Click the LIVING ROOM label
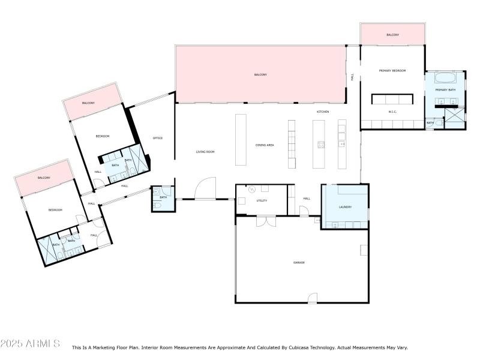(x=205, y=152)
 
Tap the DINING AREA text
(x=265, y=145)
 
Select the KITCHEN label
(x=323, y=112)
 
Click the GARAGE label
(x=299, y=262)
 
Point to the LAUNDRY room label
(x=345, y=207)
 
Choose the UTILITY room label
(x=262, y=200)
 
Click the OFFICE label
(x=158, y=138)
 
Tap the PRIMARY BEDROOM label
(x=392, y=71)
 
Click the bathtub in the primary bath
(x=445, y=77)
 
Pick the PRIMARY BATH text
(x=445, y=90)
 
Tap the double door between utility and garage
(x=265, y=221)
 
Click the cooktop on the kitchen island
(x=320, y=144)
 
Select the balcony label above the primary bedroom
(x=392, y=35)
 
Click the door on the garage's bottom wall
(x=312, y=298)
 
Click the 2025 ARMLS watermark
(x=30, y=344)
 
